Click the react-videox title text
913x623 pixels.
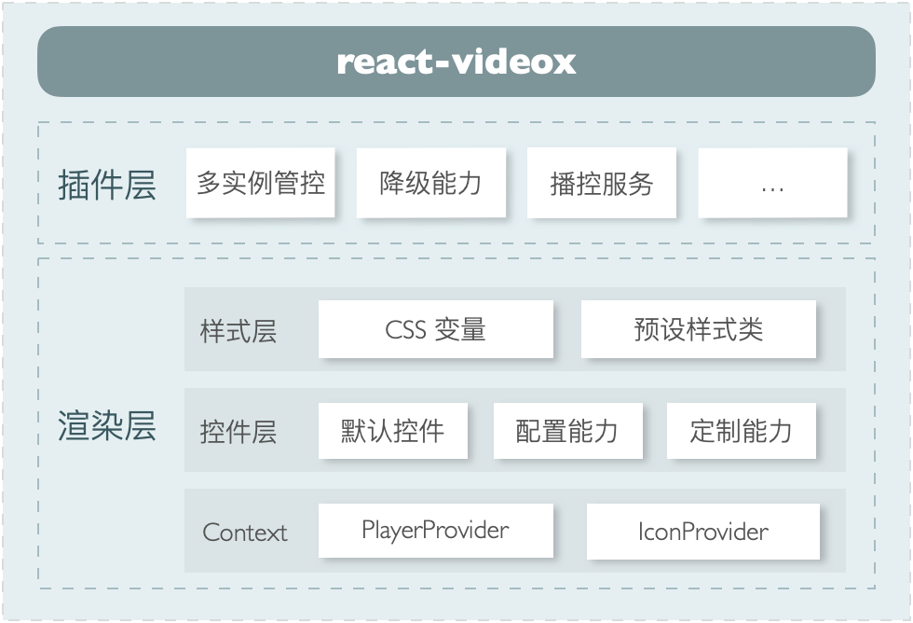[x=456, y=62]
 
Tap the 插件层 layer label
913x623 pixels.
[x=106, y=185]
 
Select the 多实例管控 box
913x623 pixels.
[x=261, y=183]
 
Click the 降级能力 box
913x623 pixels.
[x=431, y=183]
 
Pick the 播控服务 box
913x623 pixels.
[x=602, y=183]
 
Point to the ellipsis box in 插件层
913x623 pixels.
[x=772, y=184]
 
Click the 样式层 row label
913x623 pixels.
[x=238, y=331]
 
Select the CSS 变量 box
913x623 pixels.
[x=435, y=329]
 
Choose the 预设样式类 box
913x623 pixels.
[x=699, y=329]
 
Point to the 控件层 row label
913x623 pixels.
[x=238, y=432]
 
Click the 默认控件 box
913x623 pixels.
[x=392, y=431]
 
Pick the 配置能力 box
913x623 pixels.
[x=566, y=431]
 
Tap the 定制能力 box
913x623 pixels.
[x=742, y=431]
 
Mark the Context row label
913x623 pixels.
[x=245, y=533]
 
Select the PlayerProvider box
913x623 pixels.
[x=435, y=531]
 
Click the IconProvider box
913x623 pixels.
[x=703, y=532]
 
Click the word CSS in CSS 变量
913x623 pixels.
[x=405, y=329]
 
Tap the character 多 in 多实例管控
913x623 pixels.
[x=209, y=183]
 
